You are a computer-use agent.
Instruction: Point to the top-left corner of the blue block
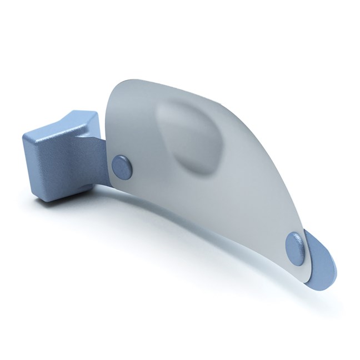click(x=24, y=137)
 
